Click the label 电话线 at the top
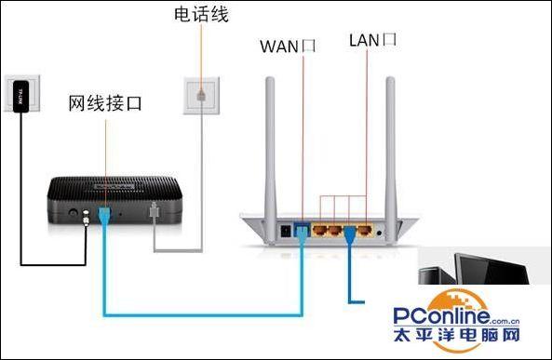coord(201,16)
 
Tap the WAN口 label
coord(289,44)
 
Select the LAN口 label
coord(372,40)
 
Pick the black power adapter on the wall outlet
coord(21,96)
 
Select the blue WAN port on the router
coord(302,226)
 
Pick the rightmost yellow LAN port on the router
coord(367,226)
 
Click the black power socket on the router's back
coord(285,228)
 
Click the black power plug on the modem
coord(88,220)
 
